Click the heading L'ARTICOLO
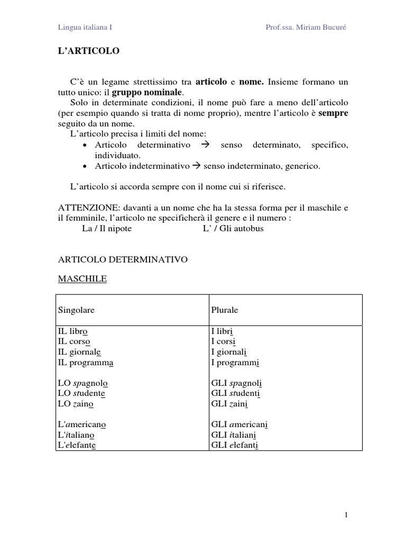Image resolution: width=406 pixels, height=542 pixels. coord(88,51)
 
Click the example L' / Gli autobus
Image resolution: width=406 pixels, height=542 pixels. coord(233,229)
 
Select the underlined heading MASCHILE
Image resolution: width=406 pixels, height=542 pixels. coord(82,279)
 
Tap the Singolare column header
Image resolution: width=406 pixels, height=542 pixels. coord(76,310)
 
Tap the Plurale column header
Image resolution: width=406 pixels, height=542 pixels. coord(225,310)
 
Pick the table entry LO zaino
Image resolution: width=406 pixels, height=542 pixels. coord(76,404)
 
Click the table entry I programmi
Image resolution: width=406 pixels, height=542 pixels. coord(235,363)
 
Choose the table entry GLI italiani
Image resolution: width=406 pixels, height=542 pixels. coord(233,435)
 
